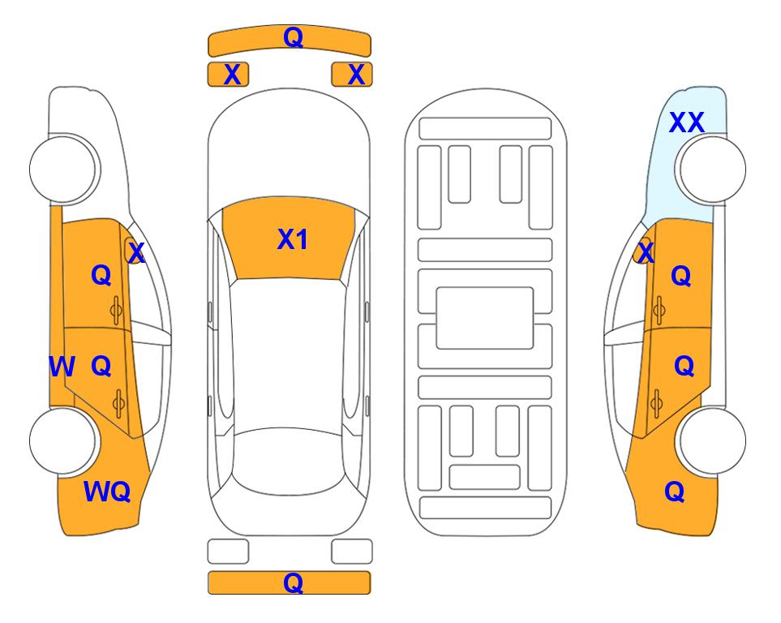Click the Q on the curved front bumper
pyautogui.click(x=293, y=37)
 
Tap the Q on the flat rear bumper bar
pyautogui.click(x=293, y=582)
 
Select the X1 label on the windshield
pyautogui.click(x=293, y=239)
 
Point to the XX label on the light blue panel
pyautogui.click(x=686, y=122)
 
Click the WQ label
pyautogui.click(x=107, y=492)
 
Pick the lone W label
pyautogui.click(x=62, y=367)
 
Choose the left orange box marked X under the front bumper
pyautogui.click(x=228, y=75)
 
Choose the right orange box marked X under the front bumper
pyautogui.click(x=352, y=75)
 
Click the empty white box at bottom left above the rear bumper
pyautogui.click(x=228, y=552)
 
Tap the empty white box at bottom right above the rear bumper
pyautogui.click(x=352, y=552)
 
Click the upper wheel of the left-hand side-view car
pyautogui.click(x=63, y=169)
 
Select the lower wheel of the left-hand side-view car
pyautogui.click(x=63, y=440)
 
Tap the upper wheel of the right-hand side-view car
pyautogui.click(x=712, y=169)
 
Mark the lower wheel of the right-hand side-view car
pyautogui.click(x=712, y=440)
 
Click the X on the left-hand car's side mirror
pyautogui.click(x=135, y=252)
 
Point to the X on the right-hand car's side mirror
pyautogui.click(x=646, y=252)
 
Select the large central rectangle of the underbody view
pyautogui.click(x=485, y=318)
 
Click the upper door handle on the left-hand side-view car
pyautogui.click(x=116, y=310)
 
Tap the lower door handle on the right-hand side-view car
pyautogui.click(x=657, y=404)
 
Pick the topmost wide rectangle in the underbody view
pyautogui.click(x=485, y=129)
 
